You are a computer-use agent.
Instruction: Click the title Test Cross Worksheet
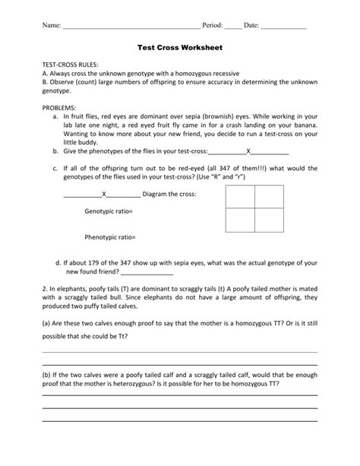[179, 46]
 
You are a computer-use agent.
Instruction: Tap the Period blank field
[232, 27]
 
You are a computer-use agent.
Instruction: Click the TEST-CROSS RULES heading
[69, 65]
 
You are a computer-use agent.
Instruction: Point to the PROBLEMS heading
[62, 108]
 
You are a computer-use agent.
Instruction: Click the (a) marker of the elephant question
[47, 325]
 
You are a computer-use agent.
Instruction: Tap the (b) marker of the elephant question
[47, 375]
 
